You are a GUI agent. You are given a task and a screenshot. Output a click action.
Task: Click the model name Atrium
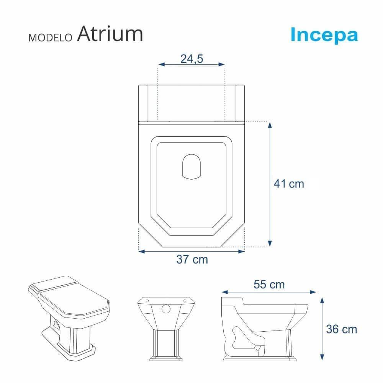(110, 34)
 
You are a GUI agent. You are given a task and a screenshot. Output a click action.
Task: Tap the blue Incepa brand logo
(324, 34)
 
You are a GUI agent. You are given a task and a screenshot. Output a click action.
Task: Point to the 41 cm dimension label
(289, 184)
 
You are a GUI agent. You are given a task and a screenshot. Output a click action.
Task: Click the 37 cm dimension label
(192, 259)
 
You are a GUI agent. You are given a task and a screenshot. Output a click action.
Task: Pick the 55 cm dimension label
(269, 285)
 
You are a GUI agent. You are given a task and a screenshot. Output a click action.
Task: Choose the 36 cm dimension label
(341, 329)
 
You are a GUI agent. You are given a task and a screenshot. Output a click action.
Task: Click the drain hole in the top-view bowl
(191, 167)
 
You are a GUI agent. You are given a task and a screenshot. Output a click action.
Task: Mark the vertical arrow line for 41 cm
(270, 184)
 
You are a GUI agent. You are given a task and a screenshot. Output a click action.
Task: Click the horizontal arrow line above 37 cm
(191, 251)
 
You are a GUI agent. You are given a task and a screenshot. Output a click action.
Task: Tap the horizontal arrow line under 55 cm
(269, 292)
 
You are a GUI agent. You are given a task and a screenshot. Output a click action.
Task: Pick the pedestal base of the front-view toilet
(166, 347)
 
